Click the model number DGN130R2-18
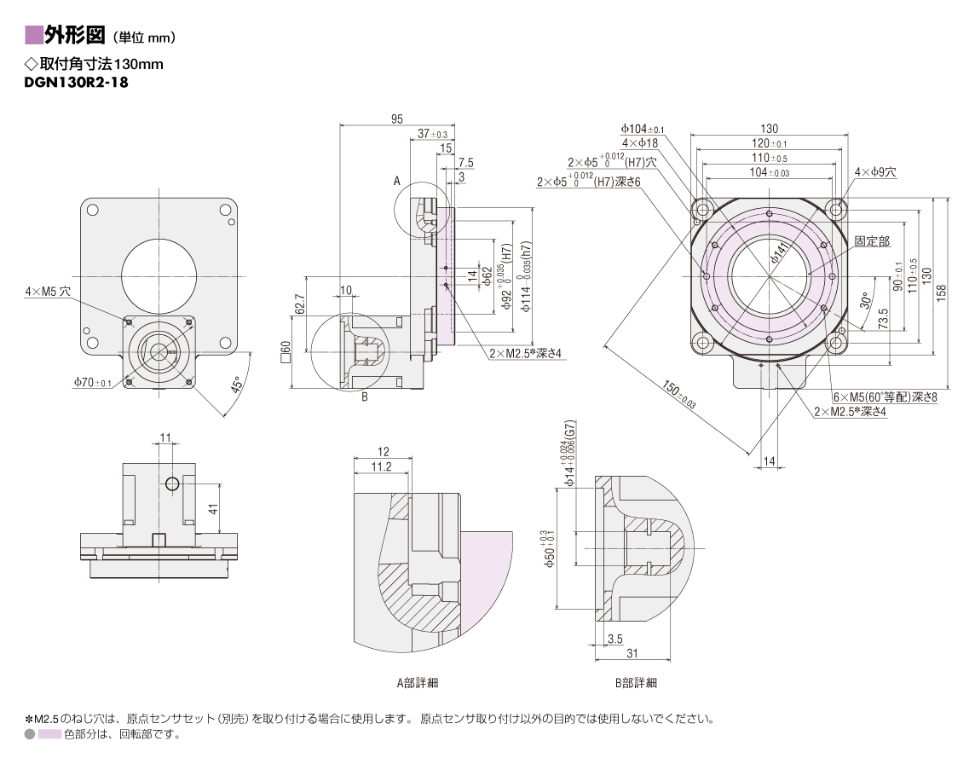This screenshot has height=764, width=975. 76,82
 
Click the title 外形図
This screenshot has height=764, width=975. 75,36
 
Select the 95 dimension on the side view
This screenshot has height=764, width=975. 396,119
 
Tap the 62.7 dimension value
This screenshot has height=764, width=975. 300,305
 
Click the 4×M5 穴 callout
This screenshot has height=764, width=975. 48,291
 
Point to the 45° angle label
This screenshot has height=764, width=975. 236,385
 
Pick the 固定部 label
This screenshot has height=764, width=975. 872,241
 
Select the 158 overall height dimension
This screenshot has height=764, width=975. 942,293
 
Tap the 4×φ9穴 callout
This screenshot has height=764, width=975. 875,171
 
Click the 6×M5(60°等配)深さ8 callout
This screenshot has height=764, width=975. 886,397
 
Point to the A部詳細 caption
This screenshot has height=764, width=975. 418,682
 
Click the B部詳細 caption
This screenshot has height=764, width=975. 636,682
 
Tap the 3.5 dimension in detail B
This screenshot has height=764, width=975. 615,639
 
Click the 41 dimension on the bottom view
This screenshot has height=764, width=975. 213,508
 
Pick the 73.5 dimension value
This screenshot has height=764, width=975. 883,319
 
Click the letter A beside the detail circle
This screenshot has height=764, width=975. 396,181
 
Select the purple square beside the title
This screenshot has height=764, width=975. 33,36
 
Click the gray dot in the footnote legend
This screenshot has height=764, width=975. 29,734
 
